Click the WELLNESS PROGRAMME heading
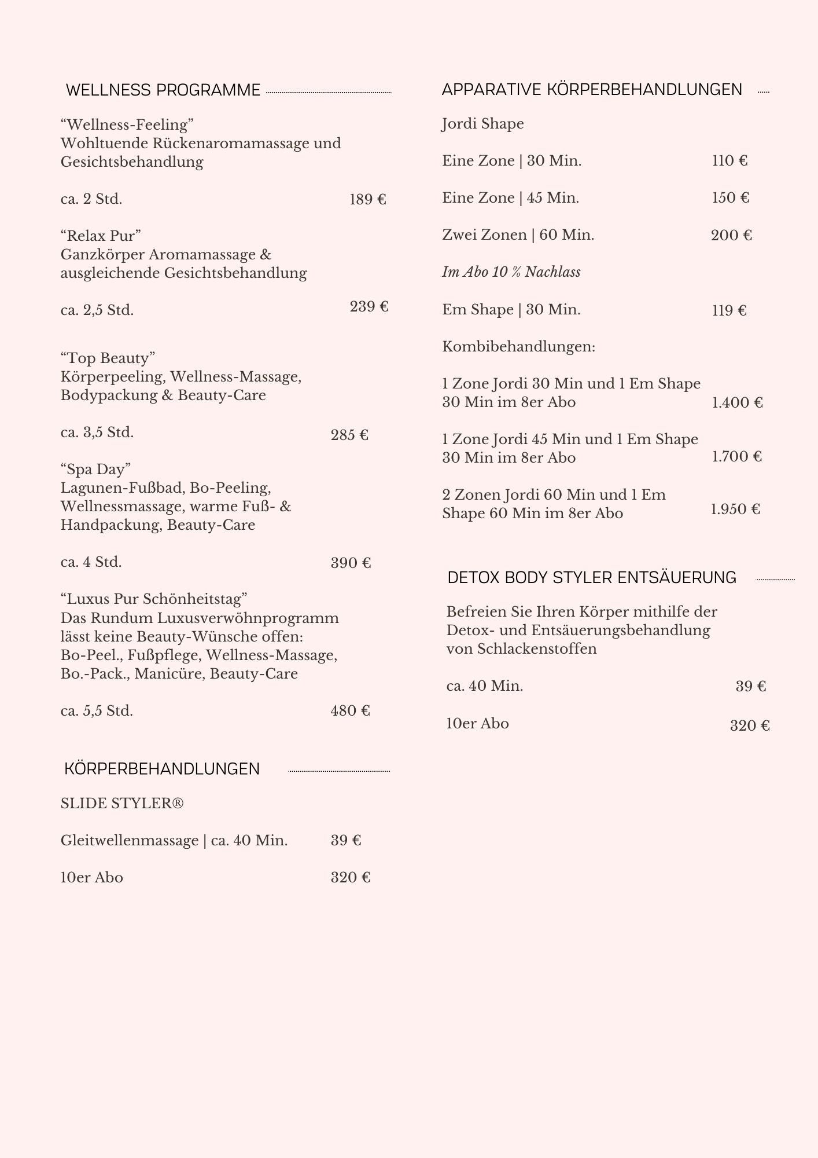(x=163, y=90)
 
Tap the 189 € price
(x=368, y=200)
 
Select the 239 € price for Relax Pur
(x=369, y=306)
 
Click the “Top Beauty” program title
(x=108, y=358)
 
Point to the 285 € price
(x=349, y=435)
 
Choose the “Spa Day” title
(x=96, y=469)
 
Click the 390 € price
(x=351, y=563)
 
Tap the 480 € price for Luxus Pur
(x=350, y=710)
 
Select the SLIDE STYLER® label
(x=122, y=803)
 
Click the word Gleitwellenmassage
(x=130, y=840)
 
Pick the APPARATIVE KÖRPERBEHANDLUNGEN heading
(x=592, y=90)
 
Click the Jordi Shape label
(x=483, y=124)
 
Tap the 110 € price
(x=729, y=160)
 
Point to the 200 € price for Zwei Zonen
(x=731, y=235)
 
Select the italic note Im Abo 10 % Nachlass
(x=511, y=272)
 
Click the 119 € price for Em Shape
(x=729, y=310)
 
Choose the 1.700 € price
(x=736, y=456)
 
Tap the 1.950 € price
(x=735, y=509)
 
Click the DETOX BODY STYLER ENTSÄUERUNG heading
(x=592, y=577)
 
